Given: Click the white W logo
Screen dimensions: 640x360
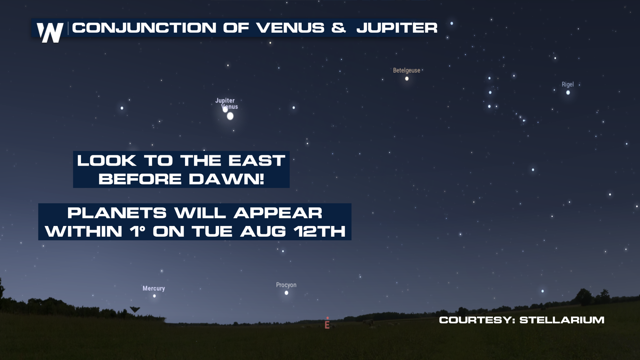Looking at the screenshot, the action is point(50,32).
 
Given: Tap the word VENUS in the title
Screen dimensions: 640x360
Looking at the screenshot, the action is point(290,28).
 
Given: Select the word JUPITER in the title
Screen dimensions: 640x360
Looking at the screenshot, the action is point(397,28).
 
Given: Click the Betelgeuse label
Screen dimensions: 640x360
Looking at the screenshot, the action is point(406,70).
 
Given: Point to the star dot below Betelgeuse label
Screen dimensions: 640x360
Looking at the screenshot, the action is point(407,79).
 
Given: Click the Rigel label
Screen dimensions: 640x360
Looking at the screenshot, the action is point(568,84).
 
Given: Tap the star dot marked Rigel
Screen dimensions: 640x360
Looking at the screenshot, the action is point(568,92).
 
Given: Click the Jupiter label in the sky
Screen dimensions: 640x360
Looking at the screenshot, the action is point(225,100).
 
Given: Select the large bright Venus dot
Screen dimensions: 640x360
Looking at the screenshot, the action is point(230,116).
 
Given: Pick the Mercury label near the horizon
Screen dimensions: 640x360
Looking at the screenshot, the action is point(154,288).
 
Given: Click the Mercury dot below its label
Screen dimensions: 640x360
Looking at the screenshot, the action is point(154,296).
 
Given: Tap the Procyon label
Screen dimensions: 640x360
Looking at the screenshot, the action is point(286,285).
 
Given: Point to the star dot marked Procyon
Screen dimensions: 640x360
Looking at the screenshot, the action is point(286,293).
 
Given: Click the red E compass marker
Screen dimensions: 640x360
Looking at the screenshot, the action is point(327,324).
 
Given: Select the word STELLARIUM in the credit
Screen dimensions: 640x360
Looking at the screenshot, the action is point(562,320).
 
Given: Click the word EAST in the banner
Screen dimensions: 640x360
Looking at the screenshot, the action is point(257,161).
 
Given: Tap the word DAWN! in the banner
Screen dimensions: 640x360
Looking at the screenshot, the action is point(226,179).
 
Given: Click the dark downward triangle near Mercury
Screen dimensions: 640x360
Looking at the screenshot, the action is point(135,310).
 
